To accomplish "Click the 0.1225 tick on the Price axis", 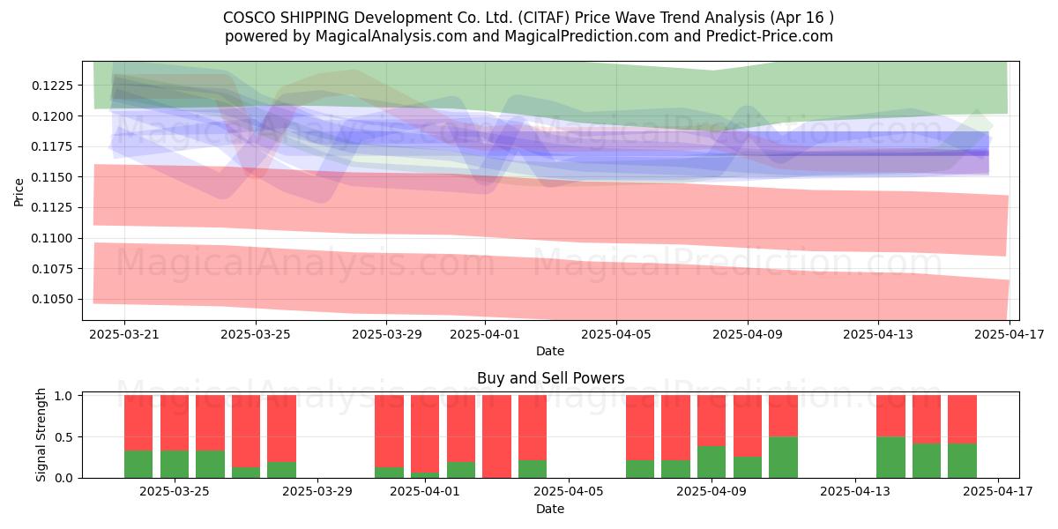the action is click(x=52, y=86).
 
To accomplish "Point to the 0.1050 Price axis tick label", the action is click(x=52, y=299).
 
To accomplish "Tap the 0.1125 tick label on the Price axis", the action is click(x=52, y=207).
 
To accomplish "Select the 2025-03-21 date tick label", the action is click(x=124, y=334).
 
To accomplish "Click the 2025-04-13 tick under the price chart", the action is click(x=878, y=334).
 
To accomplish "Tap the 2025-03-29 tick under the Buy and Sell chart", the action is click(x=317, y=492).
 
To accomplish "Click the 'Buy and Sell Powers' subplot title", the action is click(x=551, y=378).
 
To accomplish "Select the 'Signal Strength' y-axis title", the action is click(x=41, y=435).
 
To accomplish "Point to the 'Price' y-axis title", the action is click(x=19, y=192).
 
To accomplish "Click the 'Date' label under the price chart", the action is click(x=550, y=351).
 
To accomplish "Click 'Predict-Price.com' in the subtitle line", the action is click(x=770, y=36).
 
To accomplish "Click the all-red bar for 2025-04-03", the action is click(x=497, y=436).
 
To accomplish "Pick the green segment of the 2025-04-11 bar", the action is click(x=783, y=458).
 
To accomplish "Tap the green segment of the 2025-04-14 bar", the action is click(x=890, y=458).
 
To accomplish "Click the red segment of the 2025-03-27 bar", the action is click(x=246, y=431).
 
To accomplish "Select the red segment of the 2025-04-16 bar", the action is click(x=962, y=420).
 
